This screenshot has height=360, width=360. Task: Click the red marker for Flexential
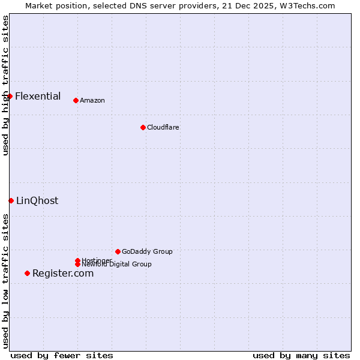[10, 96]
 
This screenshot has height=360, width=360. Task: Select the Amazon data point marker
[76, 100]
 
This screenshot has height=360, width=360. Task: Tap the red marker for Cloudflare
[143, 127]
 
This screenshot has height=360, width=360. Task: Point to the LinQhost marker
[11, 200]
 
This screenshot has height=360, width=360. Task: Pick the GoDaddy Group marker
[118, 251]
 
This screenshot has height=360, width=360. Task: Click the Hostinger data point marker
[77, 260]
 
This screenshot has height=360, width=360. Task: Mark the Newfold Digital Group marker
[77, 264]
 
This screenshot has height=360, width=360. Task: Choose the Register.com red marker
[27, 273]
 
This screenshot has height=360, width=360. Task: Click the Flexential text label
[38, 96]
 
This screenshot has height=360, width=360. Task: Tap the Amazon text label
[92, 100]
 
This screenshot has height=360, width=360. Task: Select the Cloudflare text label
[163, 127]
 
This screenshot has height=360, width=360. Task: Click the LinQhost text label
[37, 200]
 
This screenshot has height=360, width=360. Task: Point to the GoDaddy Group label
[147, 251]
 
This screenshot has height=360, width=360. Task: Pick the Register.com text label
[63, 273]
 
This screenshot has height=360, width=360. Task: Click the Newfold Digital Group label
[117, 265]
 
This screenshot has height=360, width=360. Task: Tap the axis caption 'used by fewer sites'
[62, 355]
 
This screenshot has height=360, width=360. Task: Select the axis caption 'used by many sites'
[301, 355]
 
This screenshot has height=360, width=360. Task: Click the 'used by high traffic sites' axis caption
[5, 85]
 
